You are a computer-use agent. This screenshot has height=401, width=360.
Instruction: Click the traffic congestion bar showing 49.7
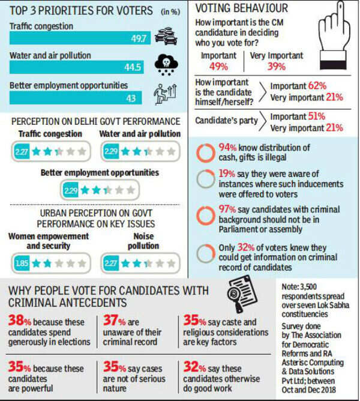[81, 38]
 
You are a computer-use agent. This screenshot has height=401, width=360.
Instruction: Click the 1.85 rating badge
[21, 262]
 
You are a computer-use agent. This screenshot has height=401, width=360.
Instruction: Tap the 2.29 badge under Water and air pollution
[110, 152]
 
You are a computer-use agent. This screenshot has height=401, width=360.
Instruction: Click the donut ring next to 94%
[205, 152]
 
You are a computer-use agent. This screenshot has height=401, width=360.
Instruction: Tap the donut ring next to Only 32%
[205, 250]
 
